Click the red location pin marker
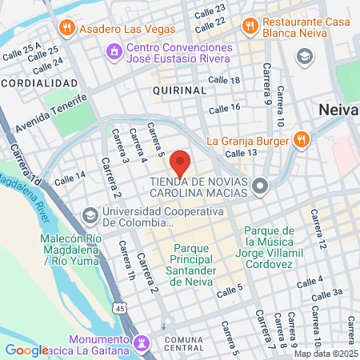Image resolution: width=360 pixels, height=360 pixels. point(180,162)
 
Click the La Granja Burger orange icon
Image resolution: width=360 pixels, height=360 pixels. point(301,139)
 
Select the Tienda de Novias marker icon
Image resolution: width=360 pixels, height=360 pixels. point(259,187)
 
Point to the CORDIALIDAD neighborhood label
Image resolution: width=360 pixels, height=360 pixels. point(39,83)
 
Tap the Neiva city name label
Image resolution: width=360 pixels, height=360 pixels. point(338,110)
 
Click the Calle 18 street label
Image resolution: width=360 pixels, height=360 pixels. point(224,81)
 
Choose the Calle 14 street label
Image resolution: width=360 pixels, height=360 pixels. point(69,178)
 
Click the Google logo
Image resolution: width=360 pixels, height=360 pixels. point(27,350)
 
